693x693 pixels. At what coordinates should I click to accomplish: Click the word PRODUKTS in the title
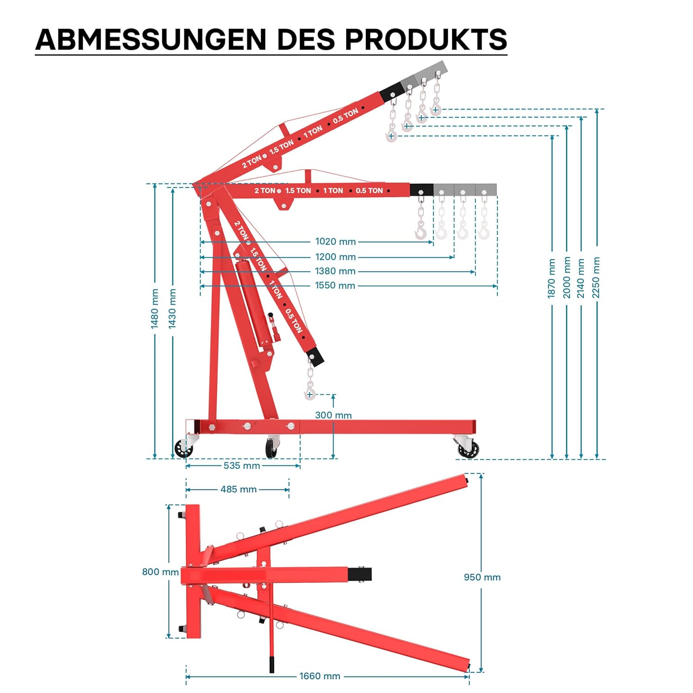tap(426, 39)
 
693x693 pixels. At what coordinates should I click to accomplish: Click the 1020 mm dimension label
tap(335, 242)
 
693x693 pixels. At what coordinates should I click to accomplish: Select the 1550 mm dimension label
tap(335, 286)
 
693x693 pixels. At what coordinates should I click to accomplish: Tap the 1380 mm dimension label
tap(335, 271)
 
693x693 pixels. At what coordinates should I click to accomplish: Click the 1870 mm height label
tap(552, 278)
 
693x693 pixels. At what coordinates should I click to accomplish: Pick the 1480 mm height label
tap(155, 309)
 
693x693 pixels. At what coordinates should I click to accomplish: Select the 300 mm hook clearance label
tap(333, 415)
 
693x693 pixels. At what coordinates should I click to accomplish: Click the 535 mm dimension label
tap(242, 466)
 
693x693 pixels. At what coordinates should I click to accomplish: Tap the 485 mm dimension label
tap(238, 489)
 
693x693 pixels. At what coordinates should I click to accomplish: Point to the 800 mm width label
tap(160, 572)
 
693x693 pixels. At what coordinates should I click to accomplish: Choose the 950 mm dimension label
tap(482, 577)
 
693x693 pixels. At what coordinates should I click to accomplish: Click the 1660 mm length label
tap(320, 676)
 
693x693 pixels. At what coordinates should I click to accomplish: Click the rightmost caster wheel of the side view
tap(468, 448)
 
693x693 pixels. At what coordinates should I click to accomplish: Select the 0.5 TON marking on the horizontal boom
tap(369, 190)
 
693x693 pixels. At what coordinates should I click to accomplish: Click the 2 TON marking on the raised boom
tap(251, 162)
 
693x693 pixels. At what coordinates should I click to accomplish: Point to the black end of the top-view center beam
tap(359, 575)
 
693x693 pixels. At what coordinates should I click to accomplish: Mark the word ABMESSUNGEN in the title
tap(151, 39)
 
